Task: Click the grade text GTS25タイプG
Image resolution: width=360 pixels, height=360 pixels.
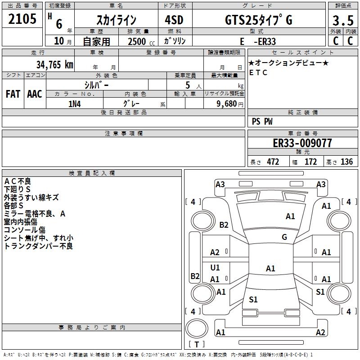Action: coord(258,20)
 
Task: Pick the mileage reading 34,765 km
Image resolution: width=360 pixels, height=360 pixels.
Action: coord(54,64)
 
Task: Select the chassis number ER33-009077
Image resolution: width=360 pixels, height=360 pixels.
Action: coord(302,143)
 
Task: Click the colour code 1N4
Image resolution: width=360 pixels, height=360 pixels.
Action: coord(75,104)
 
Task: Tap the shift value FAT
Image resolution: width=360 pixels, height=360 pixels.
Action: coord(13,94)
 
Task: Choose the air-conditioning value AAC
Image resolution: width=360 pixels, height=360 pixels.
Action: coord(35,94)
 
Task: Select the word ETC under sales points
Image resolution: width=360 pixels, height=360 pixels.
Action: coord(258,72)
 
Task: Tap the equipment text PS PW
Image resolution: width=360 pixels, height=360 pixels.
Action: coord(263,121)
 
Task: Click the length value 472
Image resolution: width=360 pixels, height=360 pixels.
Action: coord(273,162)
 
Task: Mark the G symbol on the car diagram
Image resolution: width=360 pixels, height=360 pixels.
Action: coord(284,237)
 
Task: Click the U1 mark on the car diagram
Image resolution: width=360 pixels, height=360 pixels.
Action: coord(215,268)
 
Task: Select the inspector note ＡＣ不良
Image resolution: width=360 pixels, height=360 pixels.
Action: coord(18,181)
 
